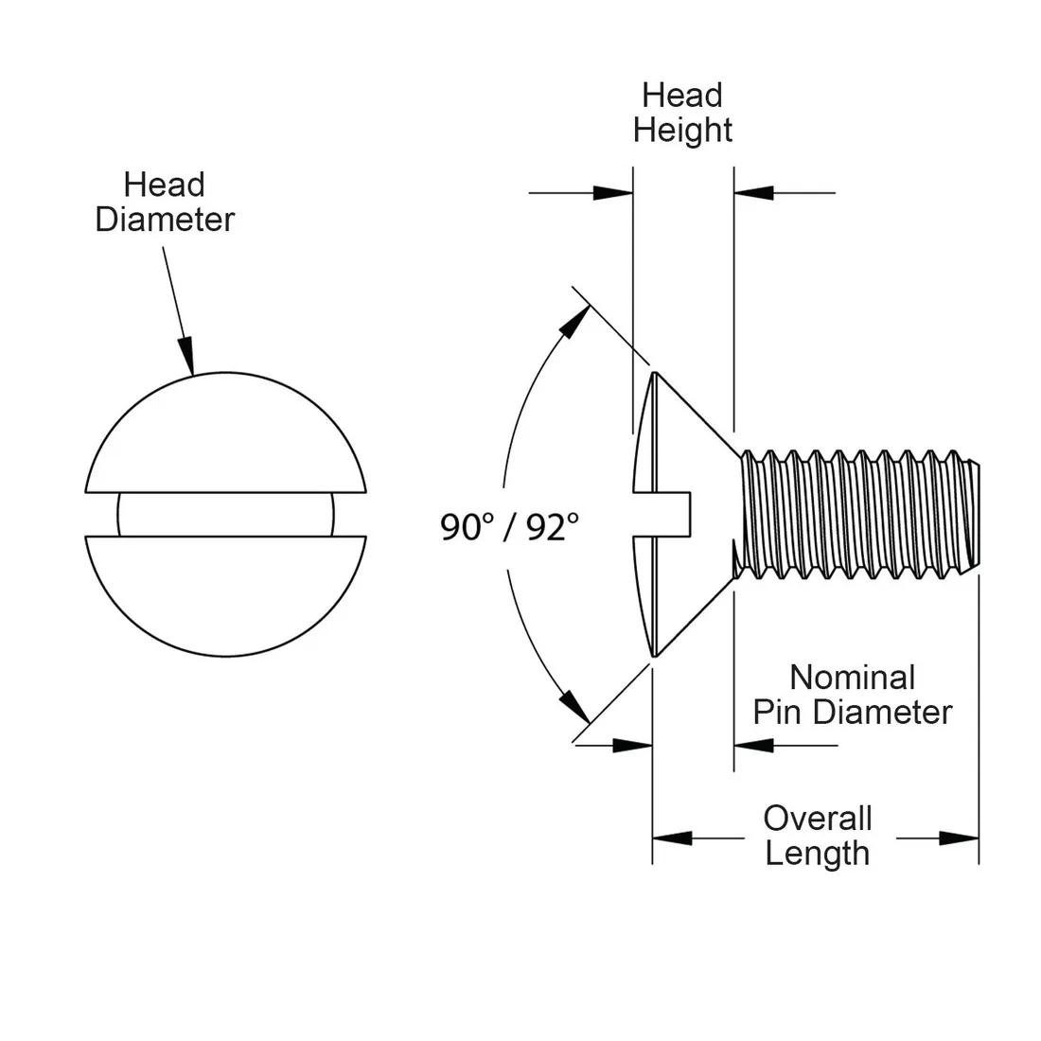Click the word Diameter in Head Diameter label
(165, 220)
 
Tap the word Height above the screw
(682, 131)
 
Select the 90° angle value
(468, 527)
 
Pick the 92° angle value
(553, 527)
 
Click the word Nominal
(853, 678)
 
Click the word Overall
(818, 819)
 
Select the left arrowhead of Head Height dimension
(613, 193)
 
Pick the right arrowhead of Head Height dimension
(753, 193)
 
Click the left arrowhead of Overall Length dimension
(672, 838)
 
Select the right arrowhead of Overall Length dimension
(960, 838)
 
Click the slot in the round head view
(226, 515)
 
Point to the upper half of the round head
(226, 432)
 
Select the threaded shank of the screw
(859, 515)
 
